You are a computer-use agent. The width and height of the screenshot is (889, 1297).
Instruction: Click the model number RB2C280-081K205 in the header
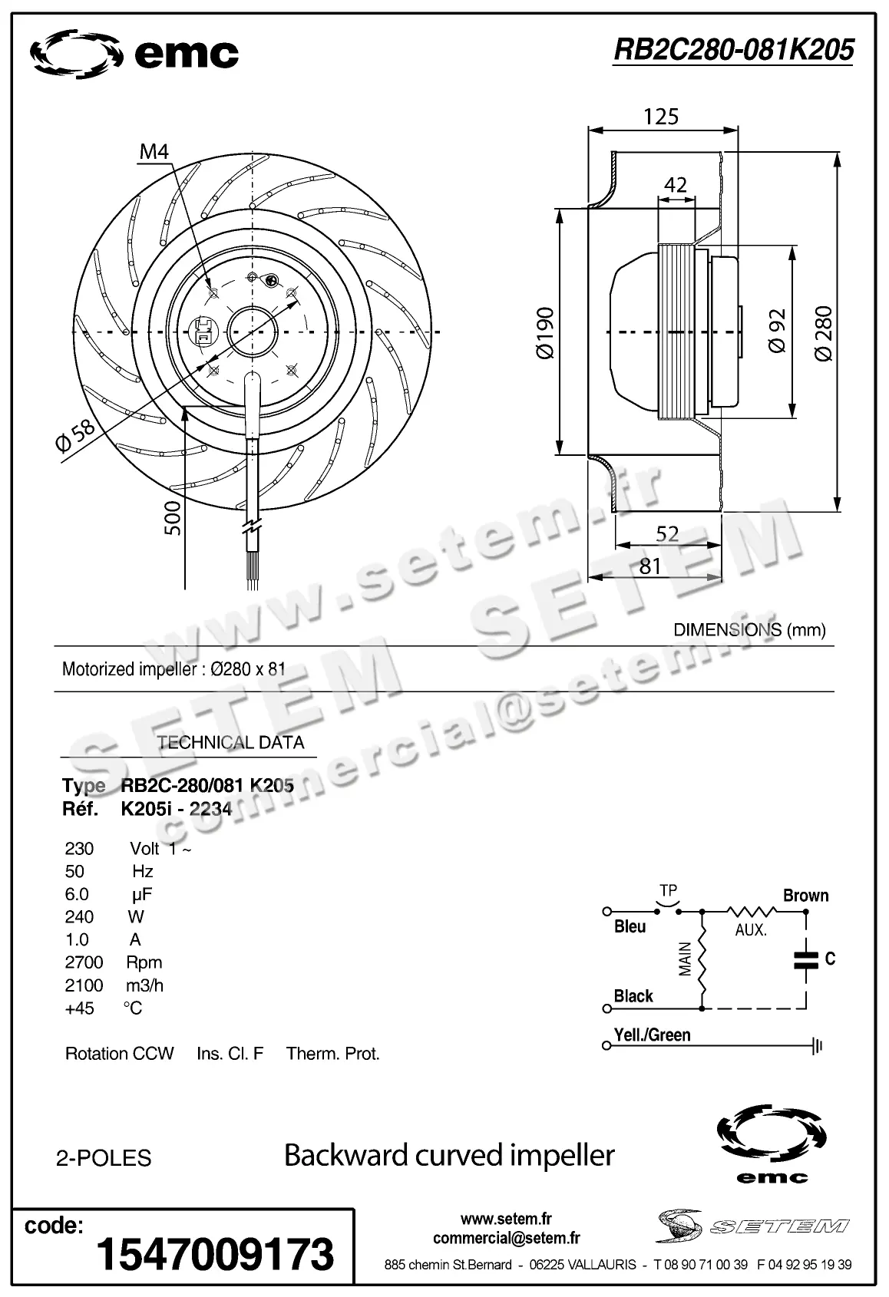click(733, 50)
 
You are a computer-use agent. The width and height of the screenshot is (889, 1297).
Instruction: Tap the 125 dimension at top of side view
click(661, 116)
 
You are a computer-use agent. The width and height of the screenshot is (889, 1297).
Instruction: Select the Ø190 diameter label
click(544, 333)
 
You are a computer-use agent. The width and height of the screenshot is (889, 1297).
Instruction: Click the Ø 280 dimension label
click(823, 333)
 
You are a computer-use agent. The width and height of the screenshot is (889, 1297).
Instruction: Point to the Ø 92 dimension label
click(777, 331)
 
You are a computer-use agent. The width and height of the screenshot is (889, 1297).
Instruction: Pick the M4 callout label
click(154, 151)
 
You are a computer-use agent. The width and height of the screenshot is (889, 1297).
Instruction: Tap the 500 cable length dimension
click(174, 518)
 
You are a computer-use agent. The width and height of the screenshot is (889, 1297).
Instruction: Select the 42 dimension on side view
click(675, 185)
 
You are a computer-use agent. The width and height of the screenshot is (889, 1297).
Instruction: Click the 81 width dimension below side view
click(649, 566)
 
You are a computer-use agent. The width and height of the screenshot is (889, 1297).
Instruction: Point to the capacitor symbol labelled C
click(806, 958)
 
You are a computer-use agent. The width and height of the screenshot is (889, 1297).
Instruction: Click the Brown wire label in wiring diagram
click(805, 896)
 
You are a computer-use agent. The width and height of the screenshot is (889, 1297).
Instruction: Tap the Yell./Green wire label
click(652, 1035)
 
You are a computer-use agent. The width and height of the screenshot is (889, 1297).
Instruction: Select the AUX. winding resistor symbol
click(752, 912)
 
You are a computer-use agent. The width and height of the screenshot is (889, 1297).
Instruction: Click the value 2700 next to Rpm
click(84, 962)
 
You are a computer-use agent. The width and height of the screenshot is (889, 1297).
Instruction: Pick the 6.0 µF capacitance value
click(78, 894)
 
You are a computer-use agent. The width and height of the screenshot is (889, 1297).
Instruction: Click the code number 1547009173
click(215, 1254)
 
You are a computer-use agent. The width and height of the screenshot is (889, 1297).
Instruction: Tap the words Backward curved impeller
click(449, 1155)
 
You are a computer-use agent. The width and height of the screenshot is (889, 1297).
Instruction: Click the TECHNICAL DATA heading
click(230, 742)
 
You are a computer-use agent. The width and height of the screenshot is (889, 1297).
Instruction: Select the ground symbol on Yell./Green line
click(818, 1045)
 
